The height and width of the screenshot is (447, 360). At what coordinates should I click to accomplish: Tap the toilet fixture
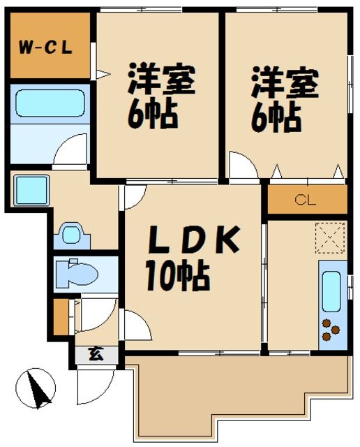pos(75,273)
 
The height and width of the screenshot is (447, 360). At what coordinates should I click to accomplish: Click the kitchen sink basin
pos(331,290)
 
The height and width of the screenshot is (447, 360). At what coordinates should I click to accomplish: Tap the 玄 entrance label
pos(95,354)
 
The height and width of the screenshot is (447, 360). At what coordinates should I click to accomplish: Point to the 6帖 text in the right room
pos(276,117)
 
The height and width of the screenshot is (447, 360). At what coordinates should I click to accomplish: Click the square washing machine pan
pos(30,190)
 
